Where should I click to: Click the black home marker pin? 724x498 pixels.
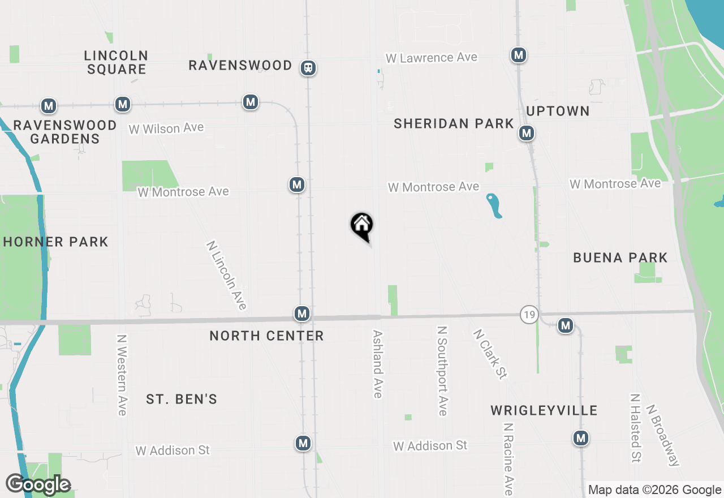(x=362, y=226)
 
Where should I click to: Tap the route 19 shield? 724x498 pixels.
(x=529, y=315)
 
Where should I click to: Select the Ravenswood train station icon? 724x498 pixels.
(x=308, y=68)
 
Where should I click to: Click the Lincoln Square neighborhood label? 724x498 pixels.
(x=116, y=63)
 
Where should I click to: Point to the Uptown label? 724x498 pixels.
(x=558, y=111)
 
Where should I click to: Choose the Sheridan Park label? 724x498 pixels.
(x=454, y=124)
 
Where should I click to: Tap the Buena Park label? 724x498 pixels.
(x=620, y=258)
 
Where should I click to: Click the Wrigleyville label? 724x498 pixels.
(x=544, y=410)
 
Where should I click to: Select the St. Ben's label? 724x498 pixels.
(x=182, y=400)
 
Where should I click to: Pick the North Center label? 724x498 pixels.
(x=266, y=336)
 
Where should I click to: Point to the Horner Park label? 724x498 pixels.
(x=55, y=242)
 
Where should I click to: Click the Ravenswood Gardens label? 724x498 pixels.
(x=64, y=132)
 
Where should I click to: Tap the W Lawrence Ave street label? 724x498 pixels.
(x=431, y=58)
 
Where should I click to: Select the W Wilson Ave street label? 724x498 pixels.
(x=166, y=128)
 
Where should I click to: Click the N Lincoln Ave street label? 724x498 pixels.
(x=226, y=276)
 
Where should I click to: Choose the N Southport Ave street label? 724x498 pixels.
(x=442, y=371)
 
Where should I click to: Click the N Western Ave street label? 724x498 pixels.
(x=121, y=375)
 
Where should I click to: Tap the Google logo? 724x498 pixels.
(x=38, y=485)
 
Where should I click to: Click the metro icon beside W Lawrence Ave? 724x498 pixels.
(x=518, y=55)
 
